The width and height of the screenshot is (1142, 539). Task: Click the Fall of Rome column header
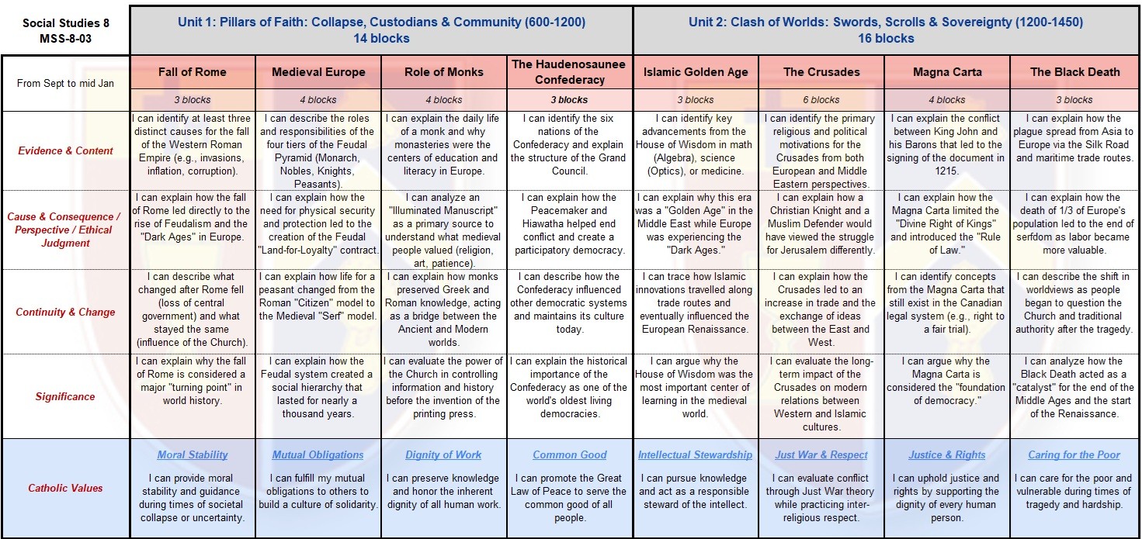click(x=193, y=72)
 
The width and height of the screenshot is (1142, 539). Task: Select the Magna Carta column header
click(x=947, y=72)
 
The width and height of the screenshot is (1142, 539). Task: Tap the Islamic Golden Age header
click(x=696, y=72)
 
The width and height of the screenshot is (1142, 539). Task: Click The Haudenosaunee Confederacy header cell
click(x=569, y=72)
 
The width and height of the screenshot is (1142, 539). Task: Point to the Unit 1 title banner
click(x=381, y=30)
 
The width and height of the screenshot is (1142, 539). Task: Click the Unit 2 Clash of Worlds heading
click(x=886, y=30)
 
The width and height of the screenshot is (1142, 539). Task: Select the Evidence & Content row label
click(x=66, y=150)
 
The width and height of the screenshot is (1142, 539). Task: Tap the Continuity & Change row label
click(x=66, y=312)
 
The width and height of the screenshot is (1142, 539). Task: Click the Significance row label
click(x=66, y=396)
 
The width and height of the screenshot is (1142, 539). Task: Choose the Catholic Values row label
click(x=66, y=488)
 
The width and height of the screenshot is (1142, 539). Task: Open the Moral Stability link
click(x=193, y=455)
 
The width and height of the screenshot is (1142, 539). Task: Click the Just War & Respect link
click(x=821, y=455)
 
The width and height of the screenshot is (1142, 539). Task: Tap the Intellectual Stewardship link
click(x=696, y=455)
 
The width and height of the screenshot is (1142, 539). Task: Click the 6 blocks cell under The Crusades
click(x=821, y=100)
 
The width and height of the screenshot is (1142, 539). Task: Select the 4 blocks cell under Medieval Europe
click(x=318, y=100)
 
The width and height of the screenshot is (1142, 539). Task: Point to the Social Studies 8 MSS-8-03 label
click(x=66, y=30)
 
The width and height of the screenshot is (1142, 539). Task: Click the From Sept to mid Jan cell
click(x=66, y=83)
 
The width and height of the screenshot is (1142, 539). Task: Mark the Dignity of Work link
click(x=443, y=455)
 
